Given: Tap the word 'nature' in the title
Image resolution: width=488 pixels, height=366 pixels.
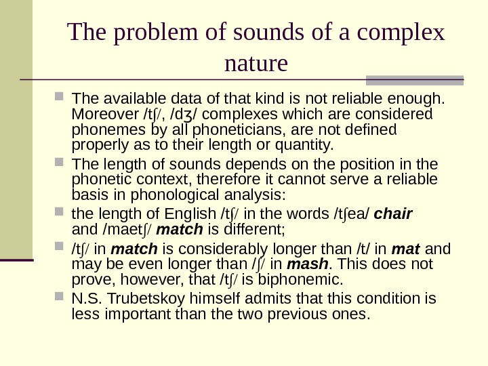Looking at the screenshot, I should (256, 65).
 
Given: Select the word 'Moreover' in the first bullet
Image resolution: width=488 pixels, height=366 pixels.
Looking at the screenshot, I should (102, 114).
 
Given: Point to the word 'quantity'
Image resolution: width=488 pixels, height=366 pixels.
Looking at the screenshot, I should (302, 145).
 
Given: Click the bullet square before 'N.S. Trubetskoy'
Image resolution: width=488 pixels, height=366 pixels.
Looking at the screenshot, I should (62, 299).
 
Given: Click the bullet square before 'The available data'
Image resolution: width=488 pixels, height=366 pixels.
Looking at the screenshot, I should (62, 98).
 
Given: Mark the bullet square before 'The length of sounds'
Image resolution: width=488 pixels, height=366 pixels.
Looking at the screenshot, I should (62, 165).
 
